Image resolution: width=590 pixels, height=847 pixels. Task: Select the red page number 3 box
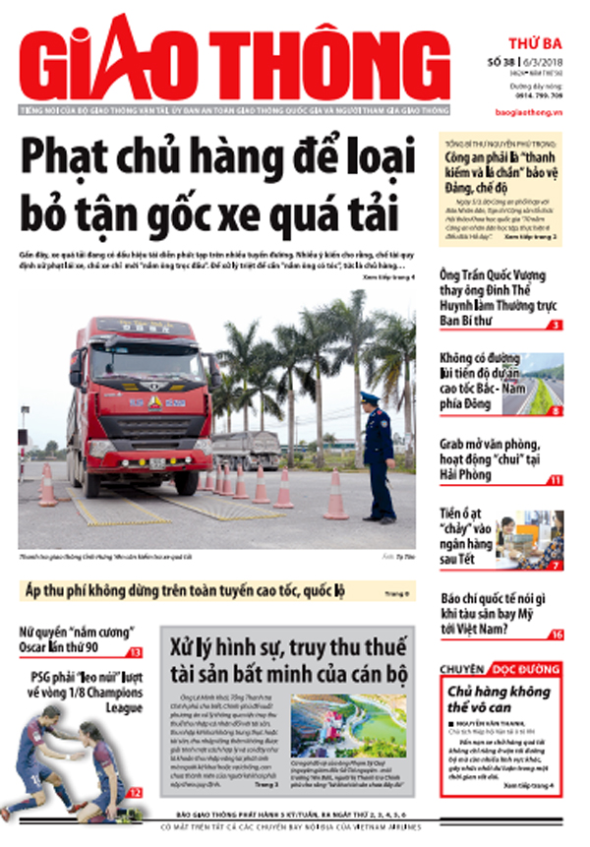(556, 325)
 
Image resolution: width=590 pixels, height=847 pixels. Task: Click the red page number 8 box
(556, 409)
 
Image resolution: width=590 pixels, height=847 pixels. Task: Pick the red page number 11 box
(556, 480)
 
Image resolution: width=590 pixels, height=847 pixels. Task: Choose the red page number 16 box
(556, 635)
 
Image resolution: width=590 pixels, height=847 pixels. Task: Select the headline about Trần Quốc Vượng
(492, 294)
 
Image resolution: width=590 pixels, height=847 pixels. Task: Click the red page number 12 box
(135, 792)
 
